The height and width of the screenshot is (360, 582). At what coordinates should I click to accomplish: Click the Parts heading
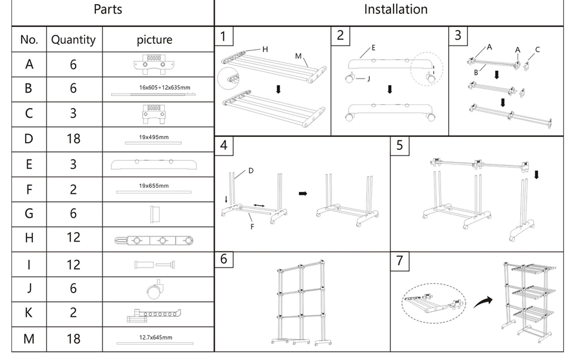click(109, 10)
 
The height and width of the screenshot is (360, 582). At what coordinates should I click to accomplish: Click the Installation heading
click(395, 10)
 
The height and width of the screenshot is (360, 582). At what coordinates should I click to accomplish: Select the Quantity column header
click(73, 40)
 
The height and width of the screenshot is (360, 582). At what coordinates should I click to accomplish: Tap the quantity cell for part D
click(73, 139)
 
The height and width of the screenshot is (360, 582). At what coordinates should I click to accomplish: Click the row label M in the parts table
click(29, 339)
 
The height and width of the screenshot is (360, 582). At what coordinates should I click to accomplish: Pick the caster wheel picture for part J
click(155, 289)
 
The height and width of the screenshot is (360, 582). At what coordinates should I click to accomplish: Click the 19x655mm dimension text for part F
click(154, 186)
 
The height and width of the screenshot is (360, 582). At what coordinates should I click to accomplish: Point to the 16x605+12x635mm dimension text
click(164, 88)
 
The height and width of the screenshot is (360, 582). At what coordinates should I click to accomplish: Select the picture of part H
click(154, 240)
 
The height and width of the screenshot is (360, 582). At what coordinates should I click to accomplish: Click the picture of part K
click(154, 314)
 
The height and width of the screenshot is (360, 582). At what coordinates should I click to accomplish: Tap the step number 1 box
click(223, 36)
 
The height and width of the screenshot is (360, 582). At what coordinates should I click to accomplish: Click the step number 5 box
click(400, 145)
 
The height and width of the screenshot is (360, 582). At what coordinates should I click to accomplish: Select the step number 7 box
click(400, 260)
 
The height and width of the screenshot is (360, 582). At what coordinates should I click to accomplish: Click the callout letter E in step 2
click(373, 47)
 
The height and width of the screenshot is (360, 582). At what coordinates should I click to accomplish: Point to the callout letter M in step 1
click(298, 56)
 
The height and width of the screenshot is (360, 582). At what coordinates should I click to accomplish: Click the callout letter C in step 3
click(537, 50)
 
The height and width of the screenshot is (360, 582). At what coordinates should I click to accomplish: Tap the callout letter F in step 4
click(253, 227)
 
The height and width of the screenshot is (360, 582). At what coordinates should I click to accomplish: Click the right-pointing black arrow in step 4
click(302, 194)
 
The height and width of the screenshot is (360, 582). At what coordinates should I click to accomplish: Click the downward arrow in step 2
click(390, 89)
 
